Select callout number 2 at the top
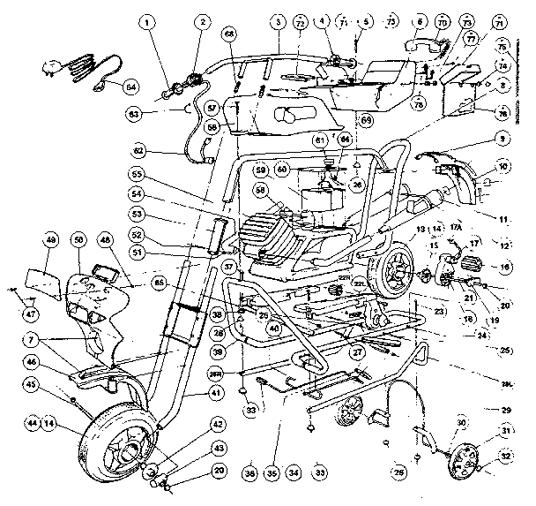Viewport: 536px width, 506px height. pos(204,21)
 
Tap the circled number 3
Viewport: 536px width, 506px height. pos(278,21)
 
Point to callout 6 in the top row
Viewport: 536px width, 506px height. pos(418,21)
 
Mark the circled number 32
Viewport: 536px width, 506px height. pos(506,457)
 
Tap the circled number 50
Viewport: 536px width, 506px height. pos(80,241)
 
